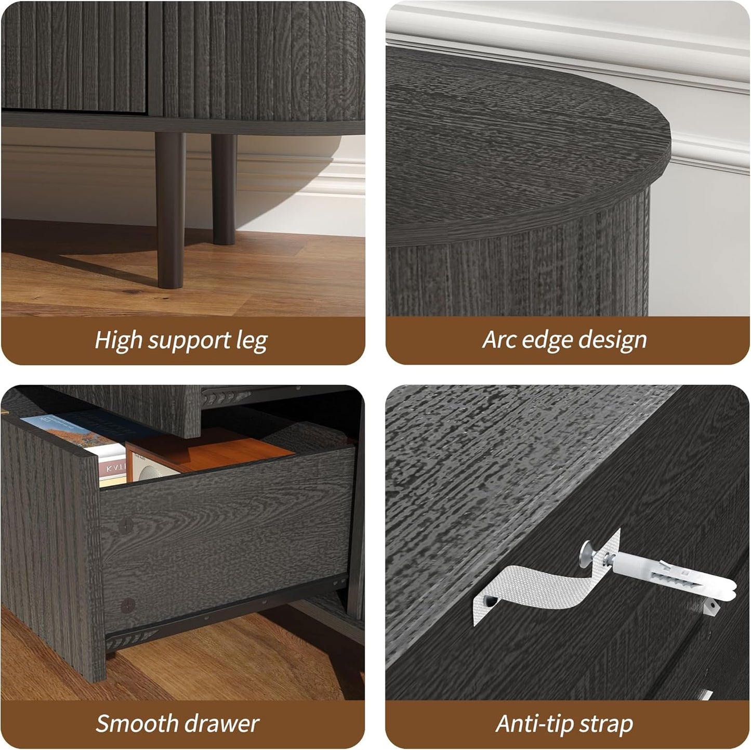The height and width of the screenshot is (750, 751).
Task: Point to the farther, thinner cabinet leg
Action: (x=224, y=189)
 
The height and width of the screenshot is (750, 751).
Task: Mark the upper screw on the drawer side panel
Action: (x=125, y=526)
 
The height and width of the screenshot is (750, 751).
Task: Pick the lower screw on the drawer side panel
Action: (x=127, y=605)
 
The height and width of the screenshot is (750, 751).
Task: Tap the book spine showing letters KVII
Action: (x=113, y=468)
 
